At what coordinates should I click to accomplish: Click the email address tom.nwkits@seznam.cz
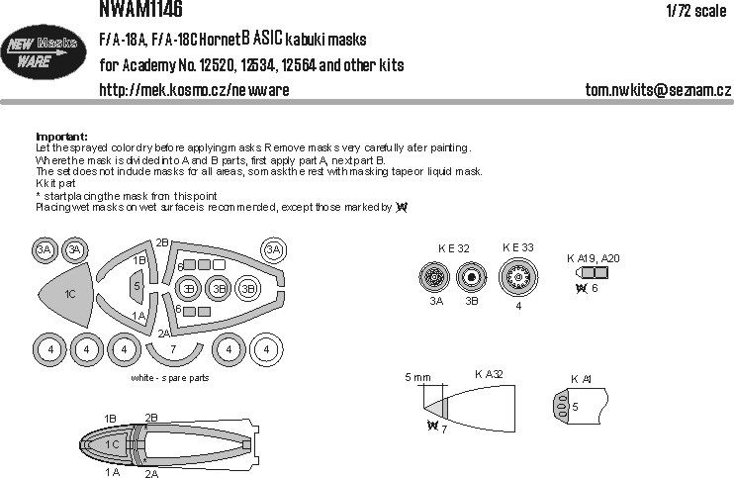pos(658,91)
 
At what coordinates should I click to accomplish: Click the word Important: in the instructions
pos(61,137)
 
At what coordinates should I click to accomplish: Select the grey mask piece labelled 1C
pos(67,294)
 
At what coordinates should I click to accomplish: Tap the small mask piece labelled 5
pos(138,286)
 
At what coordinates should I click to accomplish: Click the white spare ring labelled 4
pos(264,348)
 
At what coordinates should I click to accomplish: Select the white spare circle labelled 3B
pos(249,288)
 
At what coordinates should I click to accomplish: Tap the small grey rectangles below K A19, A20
pos(593,272)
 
